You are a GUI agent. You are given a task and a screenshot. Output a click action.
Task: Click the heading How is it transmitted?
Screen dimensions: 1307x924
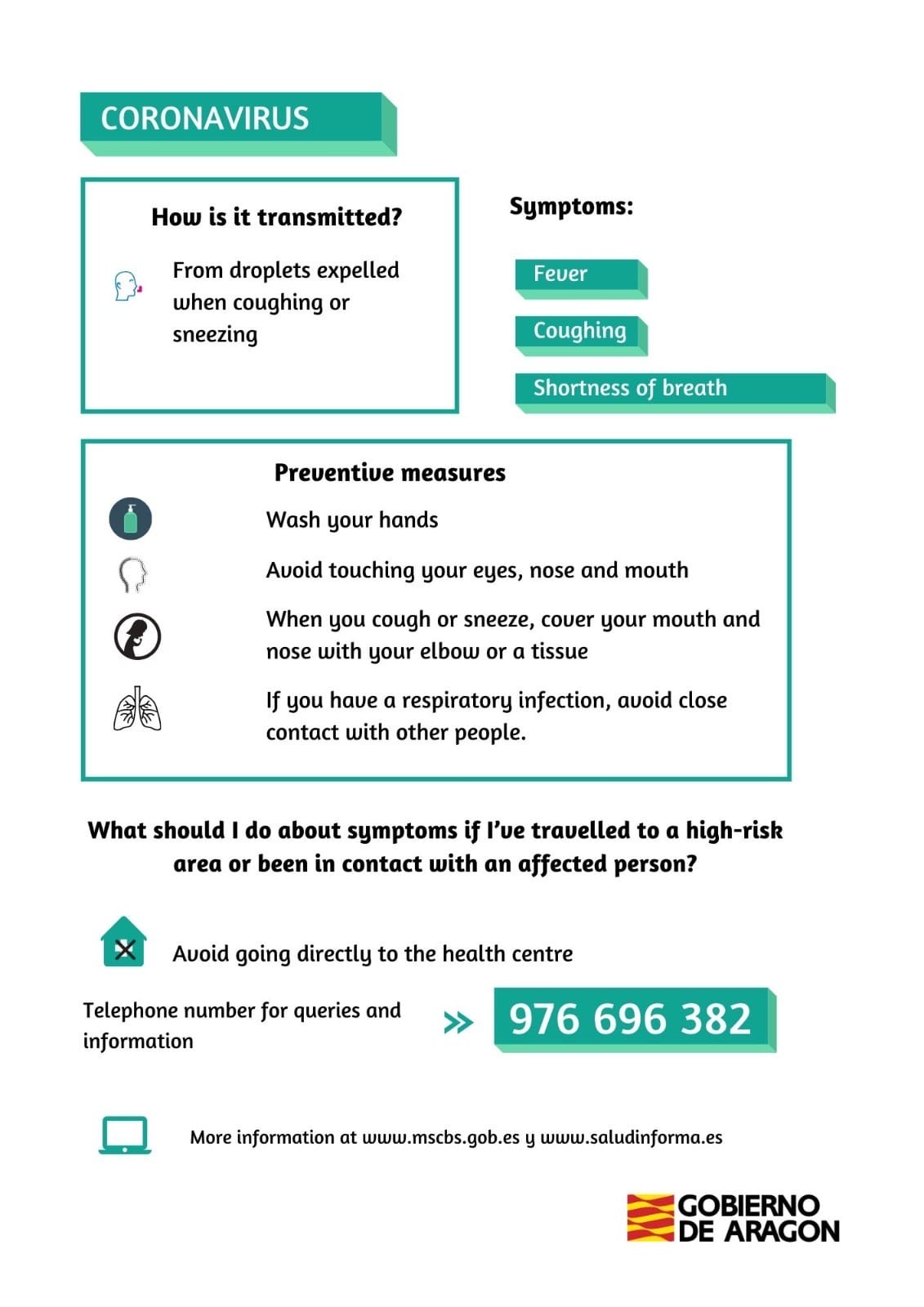(x=276, y=217)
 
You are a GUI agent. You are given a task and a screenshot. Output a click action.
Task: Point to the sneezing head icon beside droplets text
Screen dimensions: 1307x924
(x=127, y=286)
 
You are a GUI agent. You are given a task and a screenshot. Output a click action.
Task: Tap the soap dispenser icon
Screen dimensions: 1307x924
(x=131, y=519)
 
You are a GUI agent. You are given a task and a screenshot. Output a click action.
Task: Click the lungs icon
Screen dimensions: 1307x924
(x=136, y=708)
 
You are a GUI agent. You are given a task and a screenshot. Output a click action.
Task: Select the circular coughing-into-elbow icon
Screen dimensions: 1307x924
(x=136, y=636)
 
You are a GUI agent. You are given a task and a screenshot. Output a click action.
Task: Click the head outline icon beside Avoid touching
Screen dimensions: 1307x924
(x=133, y=574)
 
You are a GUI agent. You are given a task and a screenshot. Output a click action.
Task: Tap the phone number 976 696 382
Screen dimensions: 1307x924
(x=630, y=1019)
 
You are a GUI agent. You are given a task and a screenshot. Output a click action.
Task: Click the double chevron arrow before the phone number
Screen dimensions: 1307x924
(x=458, y=1022)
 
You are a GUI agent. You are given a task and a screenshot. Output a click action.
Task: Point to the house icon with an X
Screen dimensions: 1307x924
(x=124, y=943)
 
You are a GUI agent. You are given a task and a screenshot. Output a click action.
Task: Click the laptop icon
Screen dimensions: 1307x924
(x=124, y=1135)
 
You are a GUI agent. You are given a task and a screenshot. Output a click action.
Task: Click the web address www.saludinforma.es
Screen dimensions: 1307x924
(x=632, y=1137)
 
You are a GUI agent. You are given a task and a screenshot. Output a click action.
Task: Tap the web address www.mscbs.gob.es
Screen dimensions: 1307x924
(x=440, y=1137)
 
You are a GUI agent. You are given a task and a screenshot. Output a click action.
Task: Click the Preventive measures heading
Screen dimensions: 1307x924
(x=390, y=473)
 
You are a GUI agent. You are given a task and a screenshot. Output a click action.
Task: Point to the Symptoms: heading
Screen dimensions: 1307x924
(x=571, y=207)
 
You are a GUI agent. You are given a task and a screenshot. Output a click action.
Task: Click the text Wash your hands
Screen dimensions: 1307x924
(x=352, y=520)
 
